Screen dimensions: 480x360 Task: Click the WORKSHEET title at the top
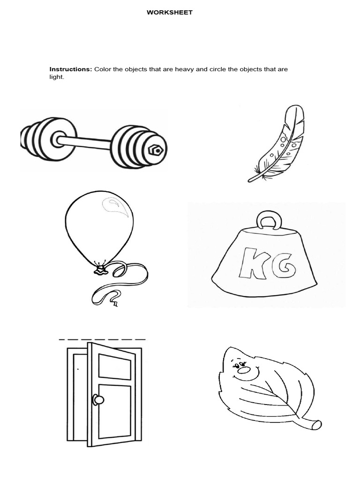click(169, 13)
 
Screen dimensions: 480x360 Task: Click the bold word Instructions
click(71, 69)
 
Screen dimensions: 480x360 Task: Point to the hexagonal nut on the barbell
click(157, 150)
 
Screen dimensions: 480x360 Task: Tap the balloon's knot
click(99, 270)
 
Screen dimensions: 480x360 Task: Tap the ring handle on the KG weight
click(269, 219)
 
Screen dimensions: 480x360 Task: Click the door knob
click(98, 399)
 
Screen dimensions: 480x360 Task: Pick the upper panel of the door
click(114, 367)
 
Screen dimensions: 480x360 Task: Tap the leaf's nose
click(244, 370)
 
